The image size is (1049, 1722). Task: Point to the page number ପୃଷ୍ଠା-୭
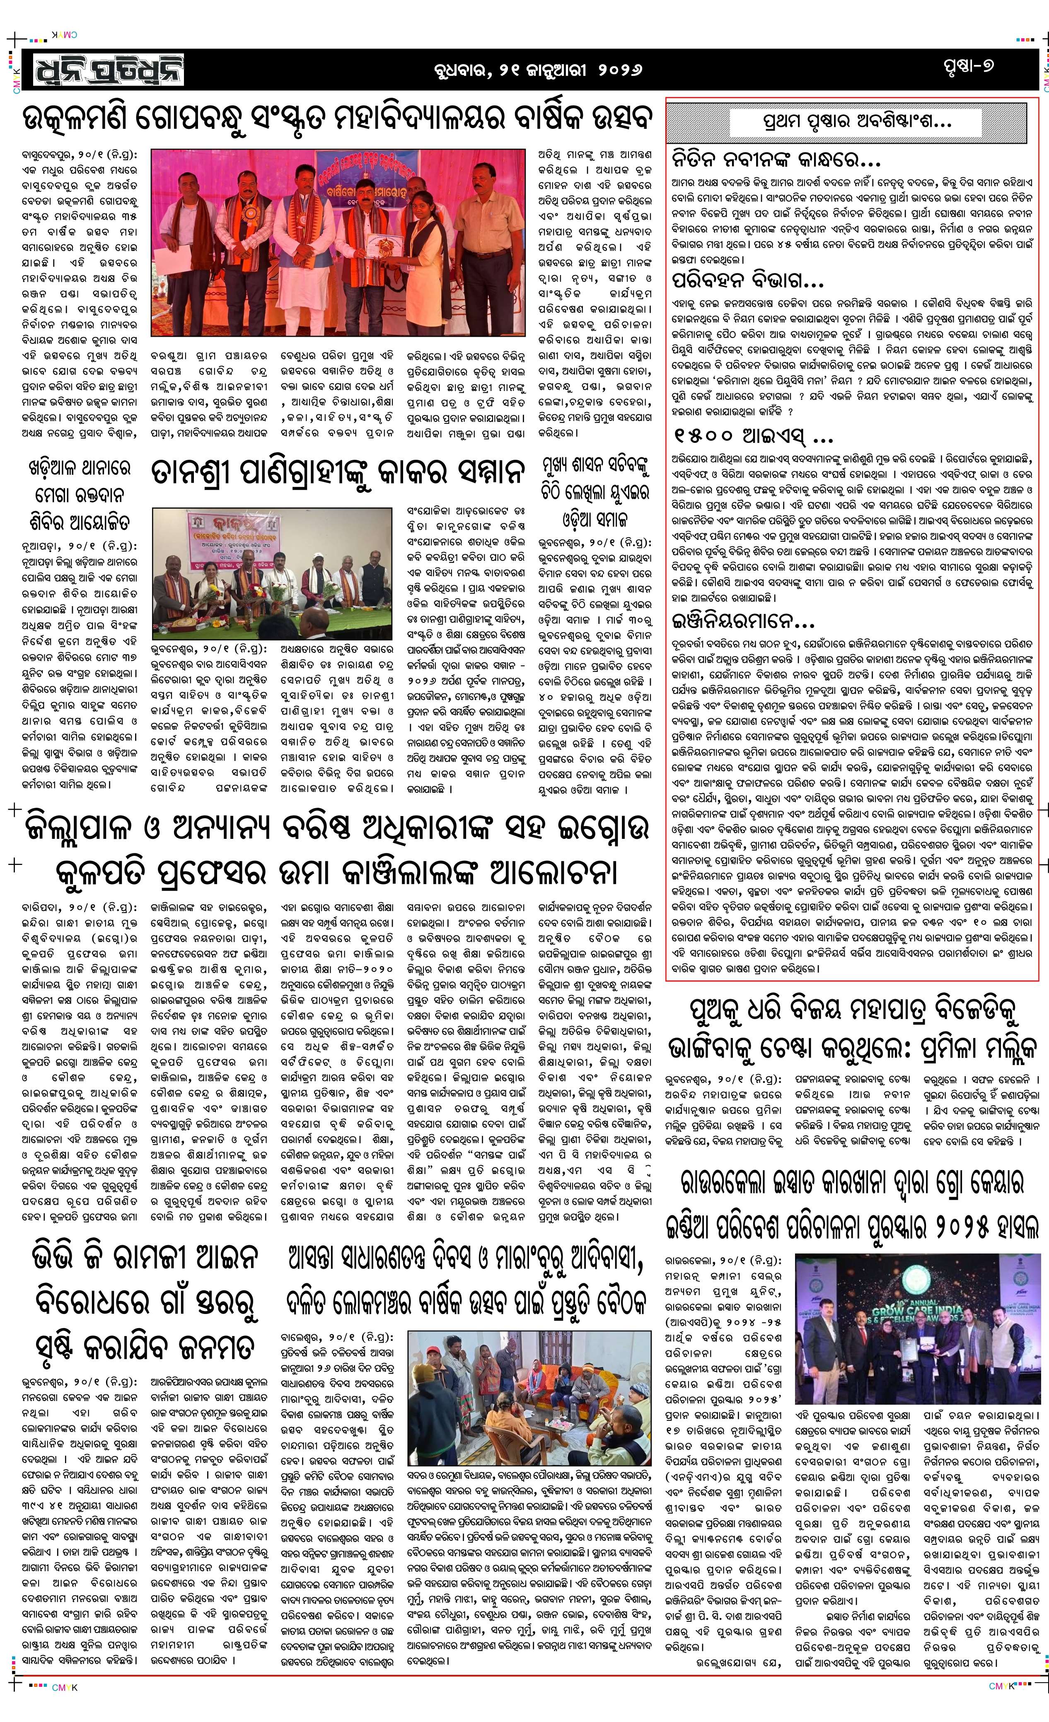967,66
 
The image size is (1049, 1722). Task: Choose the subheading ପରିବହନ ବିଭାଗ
748,281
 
